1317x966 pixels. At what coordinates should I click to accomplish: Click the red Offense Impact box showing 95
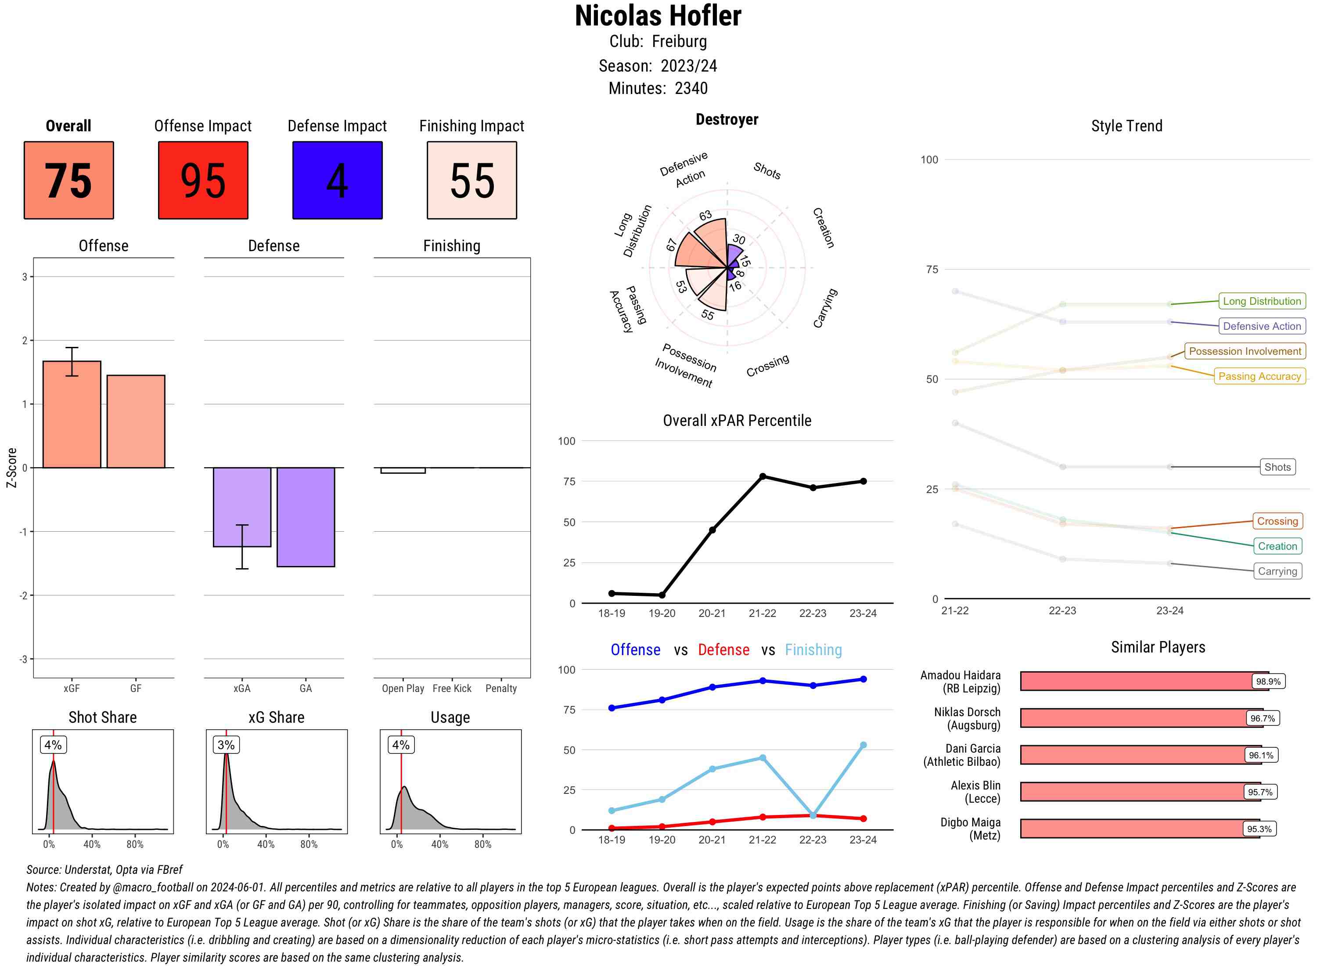(203, 180)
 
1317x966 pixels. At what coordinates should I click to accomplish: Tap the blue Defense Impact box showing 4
(337, 180)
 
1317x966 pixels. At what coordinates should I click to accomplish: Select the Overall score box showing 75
(69, 180)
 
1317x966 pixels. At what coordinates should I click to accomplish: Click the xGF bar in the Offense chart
(72, 415)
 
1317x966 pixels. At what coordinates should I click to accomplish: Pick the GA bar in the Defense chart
(306, 517)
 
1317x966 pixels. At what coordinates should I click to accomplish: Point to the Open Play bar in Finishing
(403, 470)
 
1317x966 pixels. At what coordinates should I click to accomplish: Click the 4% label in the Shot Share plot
(53, 745)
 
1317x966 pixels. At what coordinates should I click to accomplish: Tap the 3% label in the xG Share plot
(226, 745)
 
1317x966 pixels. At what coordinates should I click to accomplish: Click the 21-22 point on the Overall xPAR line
(762, 476)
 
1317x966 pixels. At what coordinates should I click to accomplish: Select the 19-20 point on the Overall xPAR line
(662, 595)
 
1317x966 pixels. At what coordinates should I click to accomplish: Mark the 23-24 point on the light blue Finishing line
(864, 745)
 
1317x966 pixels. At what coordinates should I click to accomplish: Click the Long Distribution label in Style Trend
(1262, 301)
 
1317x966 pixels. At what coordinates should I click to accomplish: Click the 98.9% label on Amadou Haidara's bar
(1268, 681)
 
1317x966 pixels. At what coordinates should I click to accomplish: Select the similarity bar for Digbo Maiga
(1140, 829)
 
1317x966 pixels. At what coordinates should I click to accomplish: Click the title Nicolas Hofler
(658, 16)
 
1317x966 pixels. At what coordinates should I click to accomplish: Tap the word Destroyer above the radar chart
(727, 120)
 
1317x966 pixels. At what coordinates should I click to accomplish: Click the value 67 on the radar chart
(672, 245)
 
